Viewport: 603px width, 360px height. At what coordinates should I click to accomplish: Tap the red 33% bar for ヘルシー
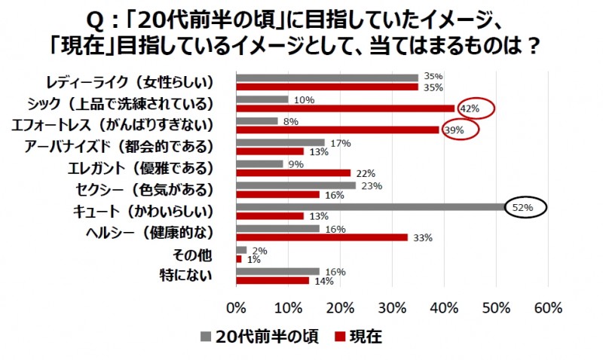point(322,237)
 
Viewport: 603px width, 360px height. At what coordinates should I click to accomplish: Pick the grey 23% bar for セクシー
point(296,185)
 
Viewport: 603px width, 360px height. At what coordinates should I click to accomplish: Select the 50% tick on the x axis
point(496,307)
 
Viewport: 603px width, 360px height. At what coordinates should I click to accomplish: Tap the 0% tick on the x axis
point(237,307)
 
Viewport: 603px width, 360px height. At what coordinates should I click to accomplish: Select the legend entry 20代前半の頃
point(261,337)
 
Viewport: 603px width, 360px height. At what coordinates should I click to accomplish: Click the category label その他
point(193,255)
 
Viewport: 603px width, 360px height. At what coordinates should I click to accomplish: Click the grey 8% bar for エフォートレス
point(257,121)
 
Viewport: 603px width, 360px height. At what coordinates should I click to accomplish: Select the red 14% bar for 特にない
point(273,280)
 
